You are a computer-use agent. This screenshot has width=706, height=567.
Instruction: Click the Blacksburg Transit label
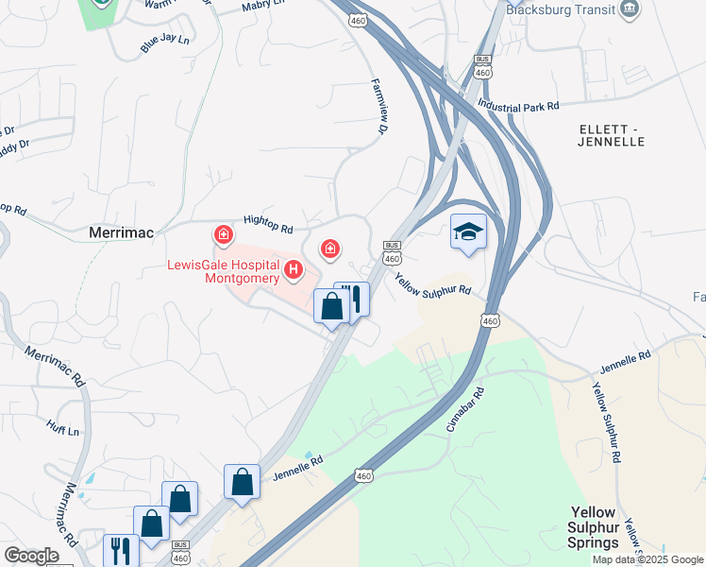[560, 10]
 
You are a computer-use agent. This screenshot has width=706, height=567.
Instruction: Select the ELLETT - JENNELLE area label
[611, 134]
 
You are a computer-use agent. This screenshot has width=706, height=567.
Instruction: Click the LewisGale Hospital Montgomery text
[224, 271]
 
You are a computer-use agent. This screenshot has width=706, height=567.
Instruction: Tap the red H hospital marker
[294, 272]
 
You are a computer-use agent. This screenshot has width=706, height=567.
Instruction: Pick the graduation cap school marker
[468, 232]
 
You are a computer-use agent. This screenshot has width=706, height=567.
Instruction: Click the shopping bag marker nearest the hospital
[331, 305]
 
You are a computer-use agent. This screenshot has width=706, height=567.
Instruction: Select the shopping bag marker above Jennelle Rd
[243, 481]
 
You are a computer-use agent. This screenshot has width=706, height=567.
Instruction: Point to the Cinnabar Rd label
[465, 407]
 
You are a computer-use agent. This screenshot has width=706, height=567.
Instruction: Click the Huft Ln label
[61, 427]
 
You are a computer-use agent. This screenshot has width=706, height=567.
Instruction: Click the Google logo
[32, 556]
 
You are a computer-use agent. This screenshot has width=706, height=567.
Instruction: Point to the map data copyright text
[647, 559]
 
